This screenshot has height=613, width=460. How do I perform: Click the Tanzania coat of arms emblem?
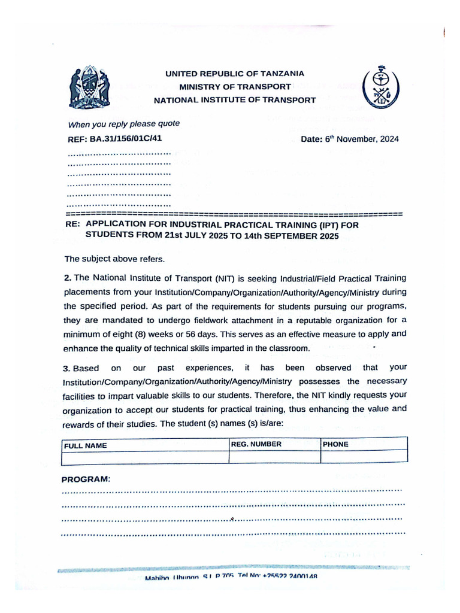click(89, 87)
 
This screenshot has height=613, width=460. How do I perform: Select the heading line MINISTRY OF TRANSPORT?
click(235, 87)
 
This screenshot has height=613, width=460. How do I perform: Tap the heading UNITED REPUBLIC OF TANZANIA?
click(235, 74)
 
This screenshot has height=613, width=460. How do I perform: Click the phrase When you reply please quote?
click(124, 125)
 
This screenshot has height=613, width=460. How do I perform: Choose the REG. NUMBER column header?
click(256, 444)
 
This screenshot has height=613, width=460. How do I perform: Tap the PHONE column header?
click(335, 444)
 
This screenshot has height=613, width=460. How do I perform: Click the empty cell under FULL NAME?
click(145, 458)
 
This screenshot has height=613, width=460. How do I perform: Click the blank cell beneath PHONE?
click(364, 456)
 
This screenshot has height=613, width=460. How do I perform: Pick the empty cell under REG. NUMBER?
click(274, 457)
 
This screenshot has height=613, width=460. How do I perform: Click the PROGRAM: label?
click(86, 480)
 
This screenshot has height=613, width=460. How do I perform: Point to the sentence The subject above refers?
click(114, 259)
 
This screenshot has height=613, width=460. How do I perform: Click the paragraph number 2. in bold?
click(68, 278)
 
